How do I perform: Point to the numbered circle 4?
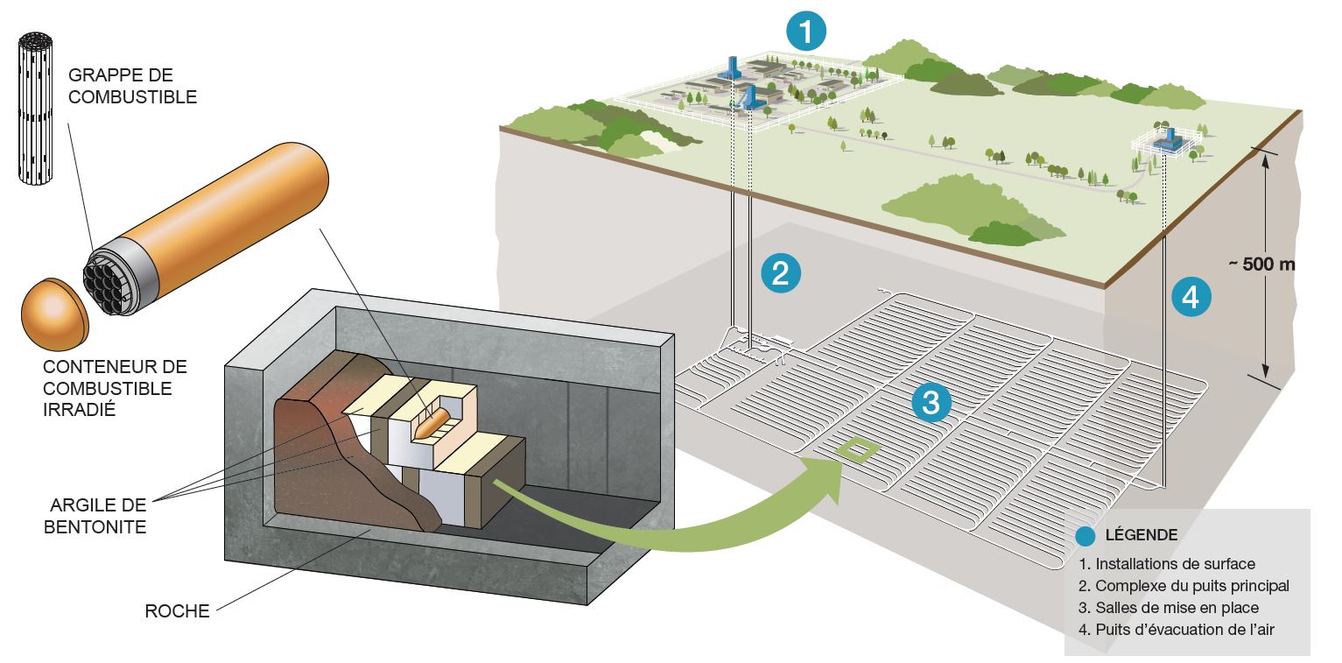(1191, 297)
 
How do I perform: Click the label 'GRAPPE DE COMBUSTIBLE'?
(132, 87)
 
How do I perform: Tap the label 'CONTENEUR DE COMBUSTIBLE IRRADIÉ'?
(114, 388)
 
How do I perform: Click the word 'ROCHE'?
(178, 611)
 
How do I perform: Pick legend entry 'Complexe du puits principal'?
(1184, 586)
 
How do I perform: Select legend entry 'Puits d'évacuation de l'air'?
(1182, 629)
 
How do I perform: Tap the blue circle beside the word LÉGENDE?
(1088, 534)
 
